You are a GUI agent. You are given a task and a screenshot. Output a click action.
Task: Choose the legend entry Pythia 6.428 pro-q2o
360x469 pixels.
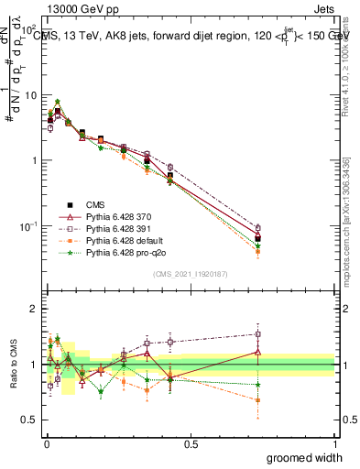click(112, 251)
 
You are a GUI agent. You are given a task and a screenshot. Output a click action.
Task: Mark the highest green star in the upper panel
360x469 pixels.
click(58, 102)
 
